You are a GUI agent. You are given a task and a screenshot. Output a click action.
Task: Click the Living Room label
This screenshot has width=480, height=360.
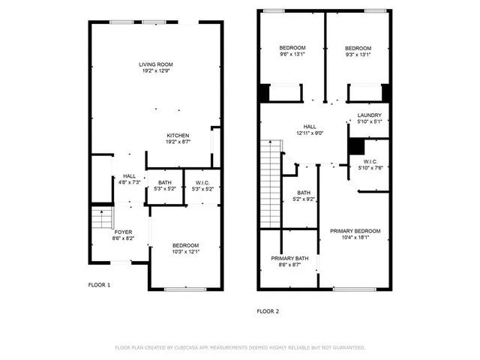tap(155, 64)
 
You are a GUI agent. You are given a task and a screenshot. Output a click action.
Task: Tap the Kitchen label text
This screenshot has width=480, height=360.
tap(178, 135)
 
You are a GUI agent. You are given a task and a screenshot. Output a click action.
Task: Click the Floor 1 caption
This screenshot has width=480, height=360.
tap(99, 285)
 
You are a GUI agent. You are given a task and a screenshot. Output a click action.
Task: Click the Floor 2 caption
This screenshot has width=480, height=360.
tap(268, 310)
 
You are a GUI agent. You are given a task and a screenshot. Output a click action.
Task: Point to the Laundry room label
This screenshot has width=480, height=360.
tap(370, 115)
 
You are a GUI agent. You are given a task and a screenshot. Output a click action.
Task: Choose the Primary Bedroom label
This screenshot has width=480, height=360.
tap(355, 231)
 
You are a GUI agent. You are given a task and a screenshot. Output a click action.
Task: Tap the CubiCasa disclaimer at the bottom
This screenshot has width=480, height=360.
tap(239, 348)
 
